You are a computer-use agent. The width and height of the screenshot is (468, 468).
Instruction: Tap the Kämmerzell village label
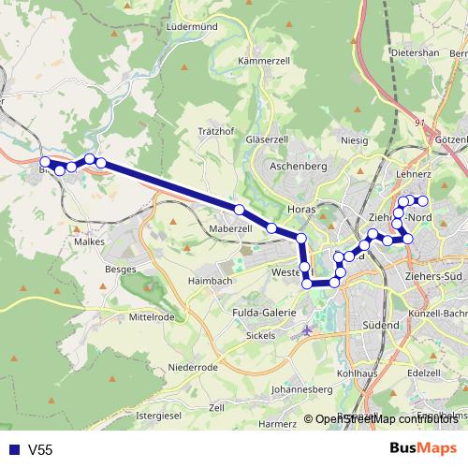click(260, 61)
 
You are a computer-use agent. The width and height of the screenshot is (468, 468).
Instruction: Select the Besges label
click(122, 269)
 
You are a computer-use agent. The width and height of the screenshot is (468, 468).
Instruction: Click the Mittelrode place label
click(153, 316)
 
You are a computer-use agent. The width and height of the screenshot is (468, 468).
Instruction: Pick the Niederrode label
click(194, 367)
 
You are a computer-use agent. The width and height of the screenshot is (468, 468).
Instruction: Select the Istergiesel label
click(158, 414)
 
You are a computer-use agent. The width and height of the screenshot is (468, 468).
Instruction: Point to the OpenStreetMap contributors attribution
click(384, 419)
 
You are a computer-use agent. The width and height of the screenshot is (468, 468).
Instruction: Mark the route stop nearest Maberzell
click(241, 210)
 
